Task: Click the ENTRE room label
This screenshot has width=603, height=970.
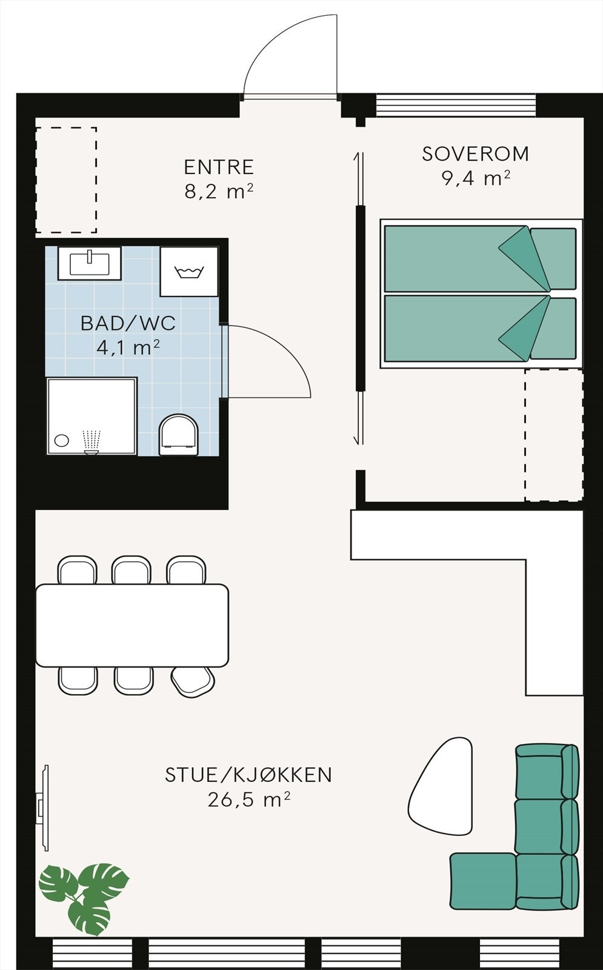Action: [x=218, y=167]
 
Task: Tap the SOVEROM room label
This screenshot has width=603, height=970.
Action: [x=475, y=154]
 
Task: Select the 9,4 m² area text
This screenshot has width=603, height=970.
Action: [x=475, y=178]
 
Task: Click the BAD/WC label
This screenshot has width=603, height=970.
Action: [x=128, y=323]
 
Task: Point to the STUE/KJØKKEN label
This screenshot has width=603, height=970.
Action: [x=248, y=775]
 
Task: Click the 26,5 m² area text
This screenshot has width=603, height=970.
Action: [x=248, y=800]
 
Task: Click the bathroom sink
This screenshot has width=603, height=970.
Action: [x=90, y=263]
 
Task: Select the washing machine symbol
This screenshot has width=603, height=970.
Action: [x=188, y=272]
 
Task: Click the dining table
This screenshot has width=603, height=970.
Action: [x=132, y=625]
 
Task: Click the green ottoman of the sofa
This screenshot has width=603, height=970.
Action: [x=482, y=881]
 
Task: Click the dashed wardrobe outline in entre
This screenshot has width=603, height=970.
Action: [x=66, y=180]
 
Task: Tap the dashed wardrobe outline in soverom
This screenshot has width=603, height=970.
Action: [x=553, y=435]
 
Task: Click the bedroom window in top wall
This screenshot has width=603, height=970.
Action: [x=456, y=105]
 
